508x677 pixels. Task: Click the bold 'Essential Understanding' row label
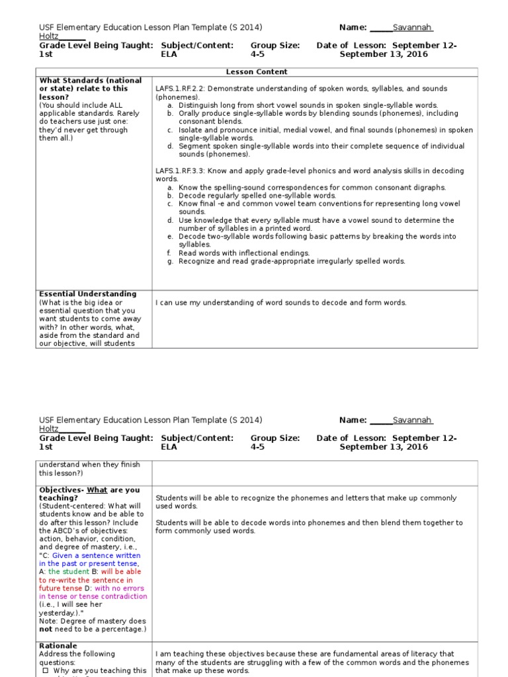tap(88, 294)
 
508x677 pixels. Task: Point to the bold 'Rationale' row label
tap(58, 645)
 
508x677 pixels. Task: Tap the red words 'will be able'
tap(121, 572)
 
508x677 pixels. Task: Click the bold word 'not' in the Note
tap(46, 629)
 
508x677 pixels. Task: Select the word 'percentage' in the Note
tap(120, 629)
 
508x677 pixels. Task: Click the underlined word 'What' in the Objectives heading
tap(98, 490)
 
